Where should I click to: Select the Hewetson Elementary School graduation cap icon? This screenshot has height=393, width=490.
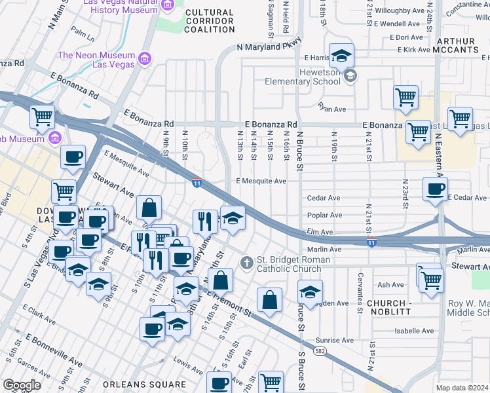pyautogui.click(x=350, y=75)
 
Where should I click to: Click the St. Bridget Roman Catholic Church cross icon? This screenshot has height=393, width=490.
pyautogui.click(x=247, y=263)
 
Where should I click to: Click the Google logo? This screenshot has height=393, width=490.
pyautogui.click(x=22, y=385)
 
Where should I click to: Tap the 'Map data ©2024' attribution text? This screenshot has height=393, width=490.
pyautogui.click(x=462, y=388)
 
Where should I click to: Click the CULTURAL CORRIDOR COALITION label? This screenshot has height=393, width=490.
pyautogui.click(x=209, y=21)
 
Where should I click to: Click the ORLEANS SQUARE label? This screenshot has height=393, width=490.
pyautogui.click(x=149, y=384)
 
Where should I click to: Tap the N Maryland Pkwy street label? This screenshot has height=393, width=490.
pyautogui.click(x=269, y=47)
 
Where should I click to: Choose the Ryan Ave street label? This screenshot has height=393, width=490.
pyautogui.click(x=331, y=109)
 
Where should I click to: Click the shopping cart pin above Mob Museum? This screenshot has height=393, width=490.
pyautogui.click(x=42, y=117)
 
